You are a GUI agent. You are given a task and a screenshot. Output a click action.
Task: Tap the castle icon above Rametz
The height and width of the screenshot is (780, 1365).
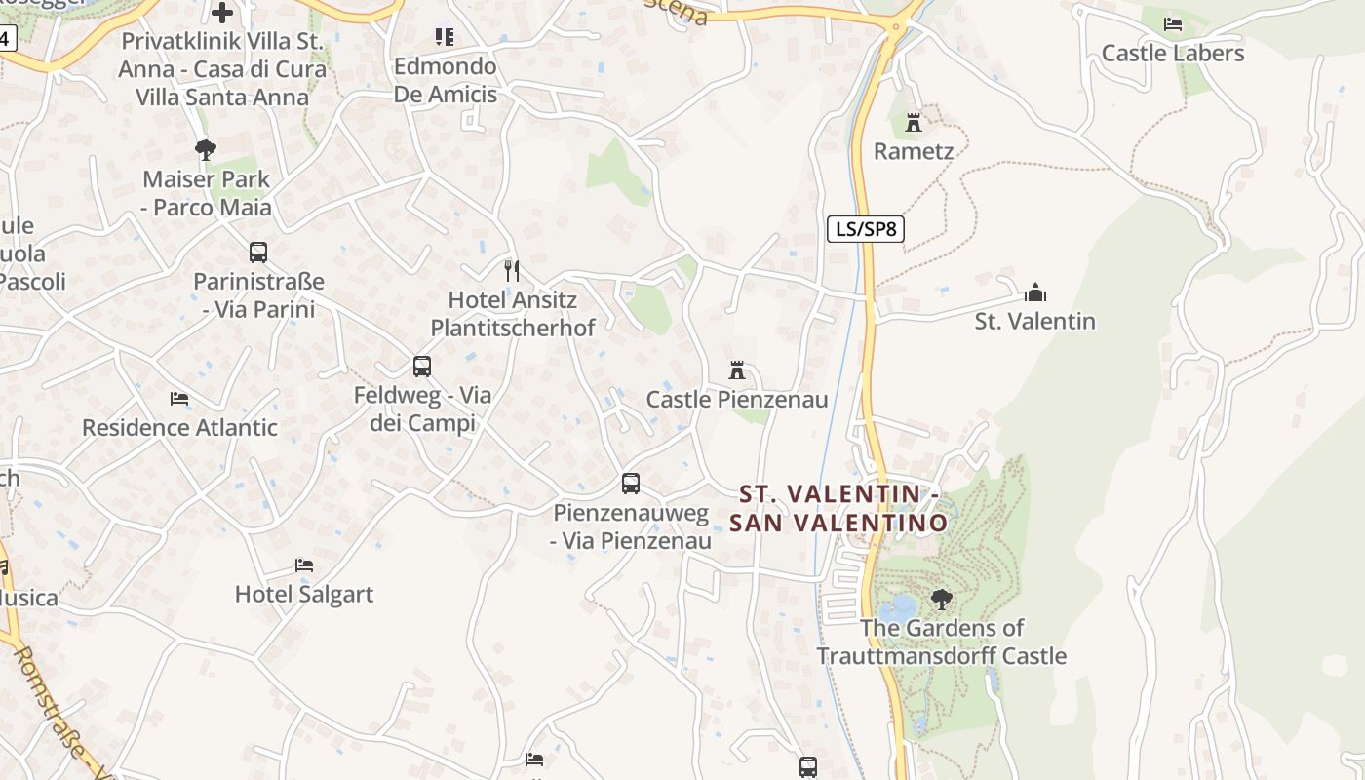(x=914, y=122)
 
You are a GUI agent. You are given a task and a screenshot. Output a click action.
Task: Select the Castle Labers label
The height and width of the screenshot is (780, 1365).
(x=1173, y=53)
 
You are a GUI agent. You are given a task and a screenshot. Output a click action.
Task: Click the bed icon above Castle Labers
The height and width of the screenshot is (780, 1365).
(x=1173, y=23)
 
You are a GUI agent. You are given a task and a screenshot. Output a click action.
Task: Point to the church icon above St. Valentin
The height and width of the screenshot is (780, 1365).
(x=1034, y=292)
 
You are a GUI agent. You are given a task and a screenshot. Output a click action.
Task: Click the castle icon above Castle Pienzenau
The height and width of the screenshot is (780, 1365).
(x=737, y=370)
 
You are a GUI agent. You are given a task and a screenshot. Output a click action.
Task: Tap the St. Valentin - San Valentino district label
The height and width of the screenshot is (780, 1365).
(x=838, y=508)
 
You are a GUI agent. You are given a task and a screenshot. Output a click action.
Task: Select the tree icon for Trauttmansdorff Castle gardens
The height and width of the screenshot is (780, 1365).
(x=941, y=599)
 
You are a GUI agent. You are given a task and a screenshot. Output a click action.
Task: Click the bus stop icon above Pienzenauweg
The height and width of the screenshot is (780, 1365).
(x=631, y=483)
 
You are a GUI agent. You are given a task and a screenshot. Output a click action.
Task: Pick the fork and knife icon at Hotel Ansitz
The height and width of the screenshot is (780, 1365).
(x=511, y=270)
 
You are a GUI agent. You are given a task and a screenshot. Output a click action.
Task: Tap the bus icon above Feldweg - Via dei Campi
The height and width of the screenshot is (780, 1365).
(x=421, y=367)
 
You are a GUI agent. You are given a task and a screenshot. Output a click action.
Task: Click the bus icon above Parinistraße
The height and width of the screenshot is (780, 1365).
(x=257, y=252)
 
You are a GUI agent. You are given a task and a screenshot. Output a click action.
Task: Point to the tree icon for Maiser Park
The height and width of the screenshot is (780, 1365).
(x=205, y=149)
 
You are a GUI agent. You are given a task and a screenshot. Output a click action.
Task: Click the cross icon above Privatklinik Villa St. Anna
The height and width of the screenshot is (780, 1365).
(x=222, y=13)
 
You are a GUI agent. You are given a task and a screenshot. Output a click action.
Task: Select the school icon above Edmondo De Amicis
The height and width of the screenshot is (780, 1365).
(x=445, y=37)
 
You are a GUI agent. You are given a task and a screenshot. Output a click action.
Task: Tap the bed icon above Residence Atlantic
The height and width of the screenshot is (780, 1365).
(x=179, y=398)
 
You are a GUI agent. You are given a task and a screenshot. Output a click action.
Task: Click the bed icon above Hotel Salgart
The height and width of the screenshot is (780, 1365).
(x=304, y=565)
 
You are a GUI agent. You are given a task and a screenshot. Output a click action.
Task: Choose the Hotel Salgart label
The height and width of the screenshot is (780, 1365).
(x=304, y=594)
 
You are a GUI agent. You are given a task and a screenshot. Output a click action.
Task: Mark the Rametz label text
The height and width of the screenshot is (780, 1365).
(x=914, y=151)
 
